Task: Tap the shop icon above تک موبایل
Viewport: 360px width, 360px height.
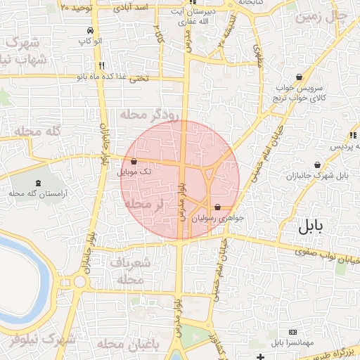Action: click(134, 162)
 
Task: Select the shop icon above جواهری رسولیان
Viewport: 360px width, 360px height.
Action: click(217, 207)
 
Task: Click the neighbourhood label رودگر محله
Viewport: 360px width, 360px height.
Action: click(150, 114)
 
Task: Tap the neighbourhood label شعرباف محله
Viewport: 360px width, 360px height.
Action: click(133, 271)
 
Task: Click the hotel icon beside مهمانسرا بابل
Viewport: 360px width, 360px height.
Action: click(292, 332)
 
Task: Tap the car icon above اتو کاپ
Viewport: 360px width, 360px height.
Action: click(90, 31)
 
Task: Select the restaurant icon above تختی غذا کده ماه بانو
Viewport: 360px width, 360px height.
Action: click(103, 67)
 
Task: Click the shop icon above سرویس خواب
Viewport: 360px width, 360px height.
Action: click(300, 77)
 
